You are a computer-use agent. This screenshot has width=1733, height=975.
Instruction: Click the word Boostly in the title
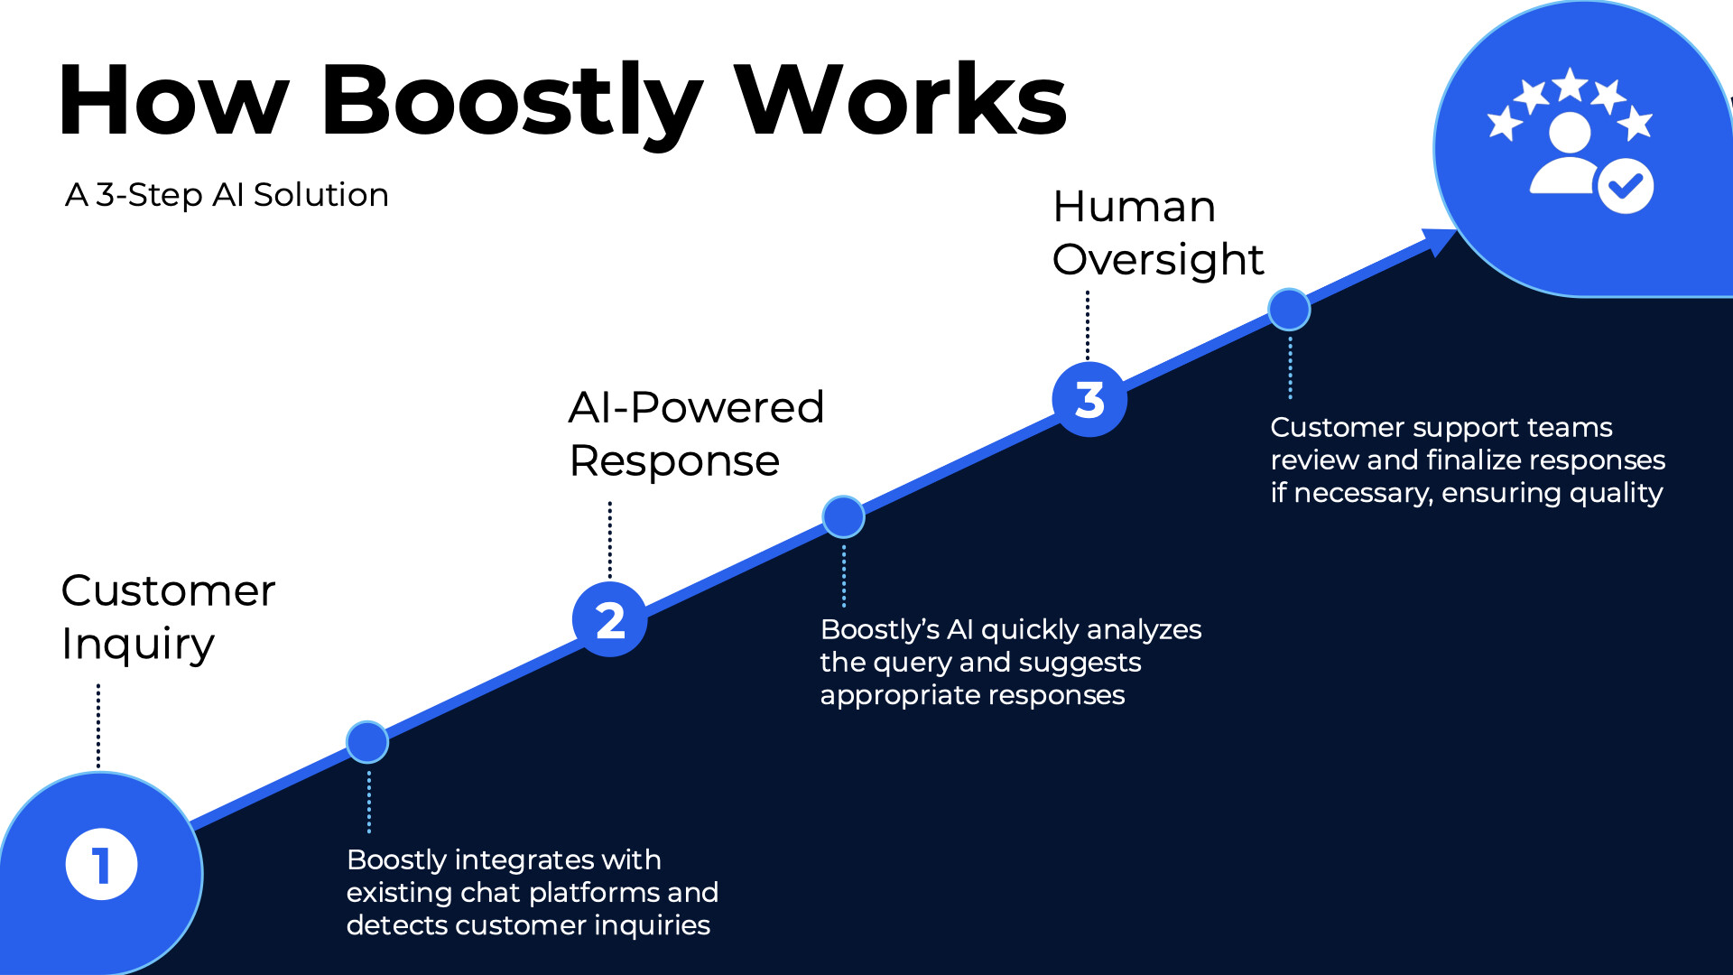510,101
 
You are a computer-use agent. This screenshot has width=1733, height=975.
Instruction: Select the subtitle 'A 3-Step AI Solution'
227,195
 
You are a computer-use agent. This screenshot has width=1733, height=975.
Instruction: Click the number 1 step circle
101,864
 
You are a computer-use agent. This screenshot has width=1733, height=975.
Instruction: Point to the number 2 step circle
610,619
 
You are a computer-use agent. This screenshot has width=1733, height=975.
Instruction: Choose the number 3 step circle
1089,399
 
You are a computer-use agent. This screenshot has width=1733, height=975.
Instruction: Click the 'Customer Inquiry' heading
168,617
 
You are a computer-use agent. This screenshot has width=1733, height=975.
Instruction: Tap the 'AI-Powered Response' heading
696,434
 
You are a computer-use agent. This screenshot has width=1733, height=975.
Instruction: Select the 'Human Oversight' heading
1157,233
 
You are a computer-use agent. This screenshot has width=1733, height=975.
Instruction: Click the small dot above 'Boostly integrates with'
367,742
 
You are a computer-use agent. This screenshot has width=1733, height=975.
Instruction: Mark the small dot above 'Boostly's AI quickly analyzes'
843,516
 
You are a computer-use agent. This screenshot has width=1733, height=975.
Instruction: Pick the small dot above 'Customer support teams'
1289,310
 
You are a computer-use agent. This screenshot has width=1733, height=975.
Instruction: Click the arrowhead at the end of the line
1439,240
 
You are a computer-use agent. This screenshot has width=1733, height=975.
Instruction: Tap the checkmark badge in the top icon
1625,186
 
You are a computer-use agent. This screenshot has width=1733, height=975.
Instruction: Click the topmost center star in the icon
1571,85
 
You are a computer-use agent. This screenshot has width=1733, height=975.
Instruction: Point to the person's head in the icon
1570,134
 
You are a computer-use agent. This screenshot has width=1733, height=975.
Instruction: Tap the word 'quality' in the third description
1615,493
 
